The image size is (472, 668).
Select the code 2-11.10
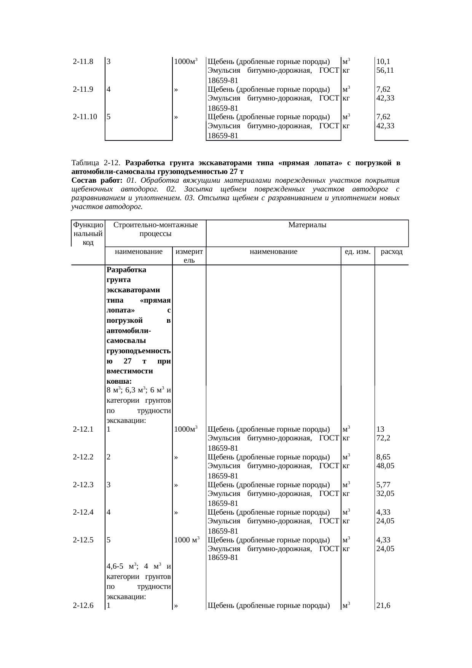coord(85,117)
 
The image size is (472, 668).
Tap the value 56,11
coord(385,70)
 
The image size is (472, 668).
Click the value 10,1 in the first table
coord(383,61)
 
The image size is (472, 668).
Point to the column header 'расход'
coord(391,252)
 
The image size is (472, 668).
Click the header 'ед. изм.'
coord(357,252)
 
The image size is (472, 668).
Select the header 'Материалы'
coord(307,225)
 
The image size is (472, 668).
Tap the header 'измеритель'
coord(189,256)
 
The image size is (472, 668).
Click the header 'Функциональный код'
coord(88,234)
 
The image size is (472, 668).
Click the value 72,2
coord(383,438)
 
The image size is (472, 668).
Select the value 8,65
coord(383,457)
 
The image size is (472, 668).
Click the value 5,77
coord(383,485)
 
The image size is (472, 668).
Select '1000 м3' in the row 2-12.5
coord(187,540)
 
